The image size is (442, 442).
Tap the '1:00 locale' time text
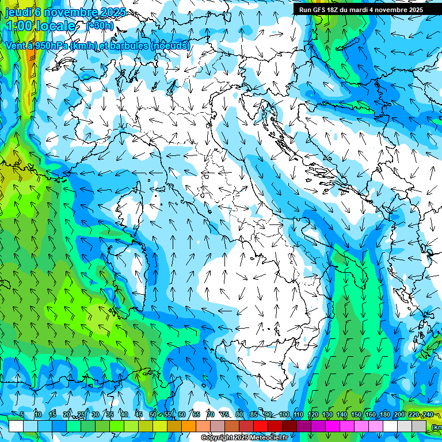tap(40, 26)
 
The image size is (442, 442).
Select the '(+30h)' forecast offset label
tap(100, 26)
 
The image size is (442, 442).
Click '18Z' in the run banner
tap(336, 10)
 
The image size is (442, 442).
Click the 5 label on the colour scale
tap(22, 414)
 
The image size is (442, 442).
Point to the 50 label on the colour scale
tap(153, 414)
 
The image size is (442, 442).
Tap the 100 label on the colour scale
tap(284, 414)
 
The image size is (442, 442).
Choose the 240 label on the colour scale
tap(428, 414)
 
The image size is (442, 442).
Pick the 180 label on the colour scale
tap(384, 414)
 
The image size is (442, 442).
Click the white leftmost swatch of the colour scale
tap(16, 426)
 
